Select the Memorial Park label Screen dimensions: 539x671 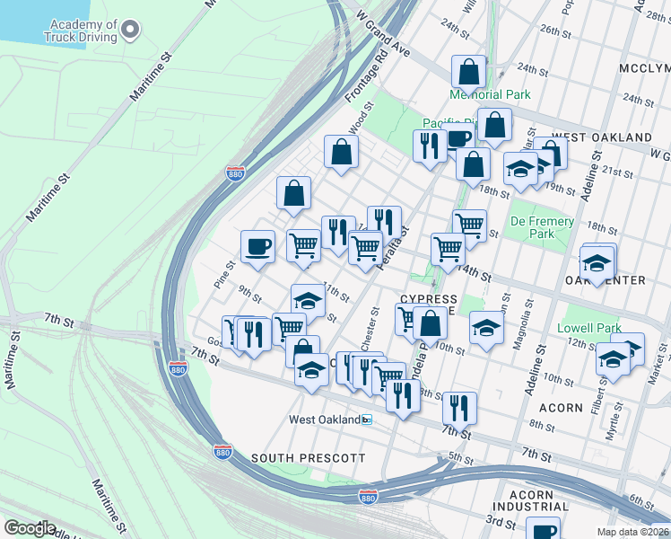tap(490, 94)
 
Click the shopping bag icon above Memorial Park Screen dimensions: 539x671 tap(468, 71)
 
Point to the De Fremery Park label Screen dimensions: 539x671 tap(542, 227)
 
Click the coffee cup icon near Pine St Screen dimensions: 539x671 tap(258, 246)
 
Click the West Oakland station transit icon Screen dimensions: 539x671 tap(366, 420)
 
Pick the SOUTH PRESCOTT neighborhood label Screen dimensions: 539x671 tap(308, 458)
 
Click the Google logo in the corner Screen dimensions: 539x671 tap(30, 528)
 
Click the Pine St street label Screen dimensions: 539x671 tap(223, 273)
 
